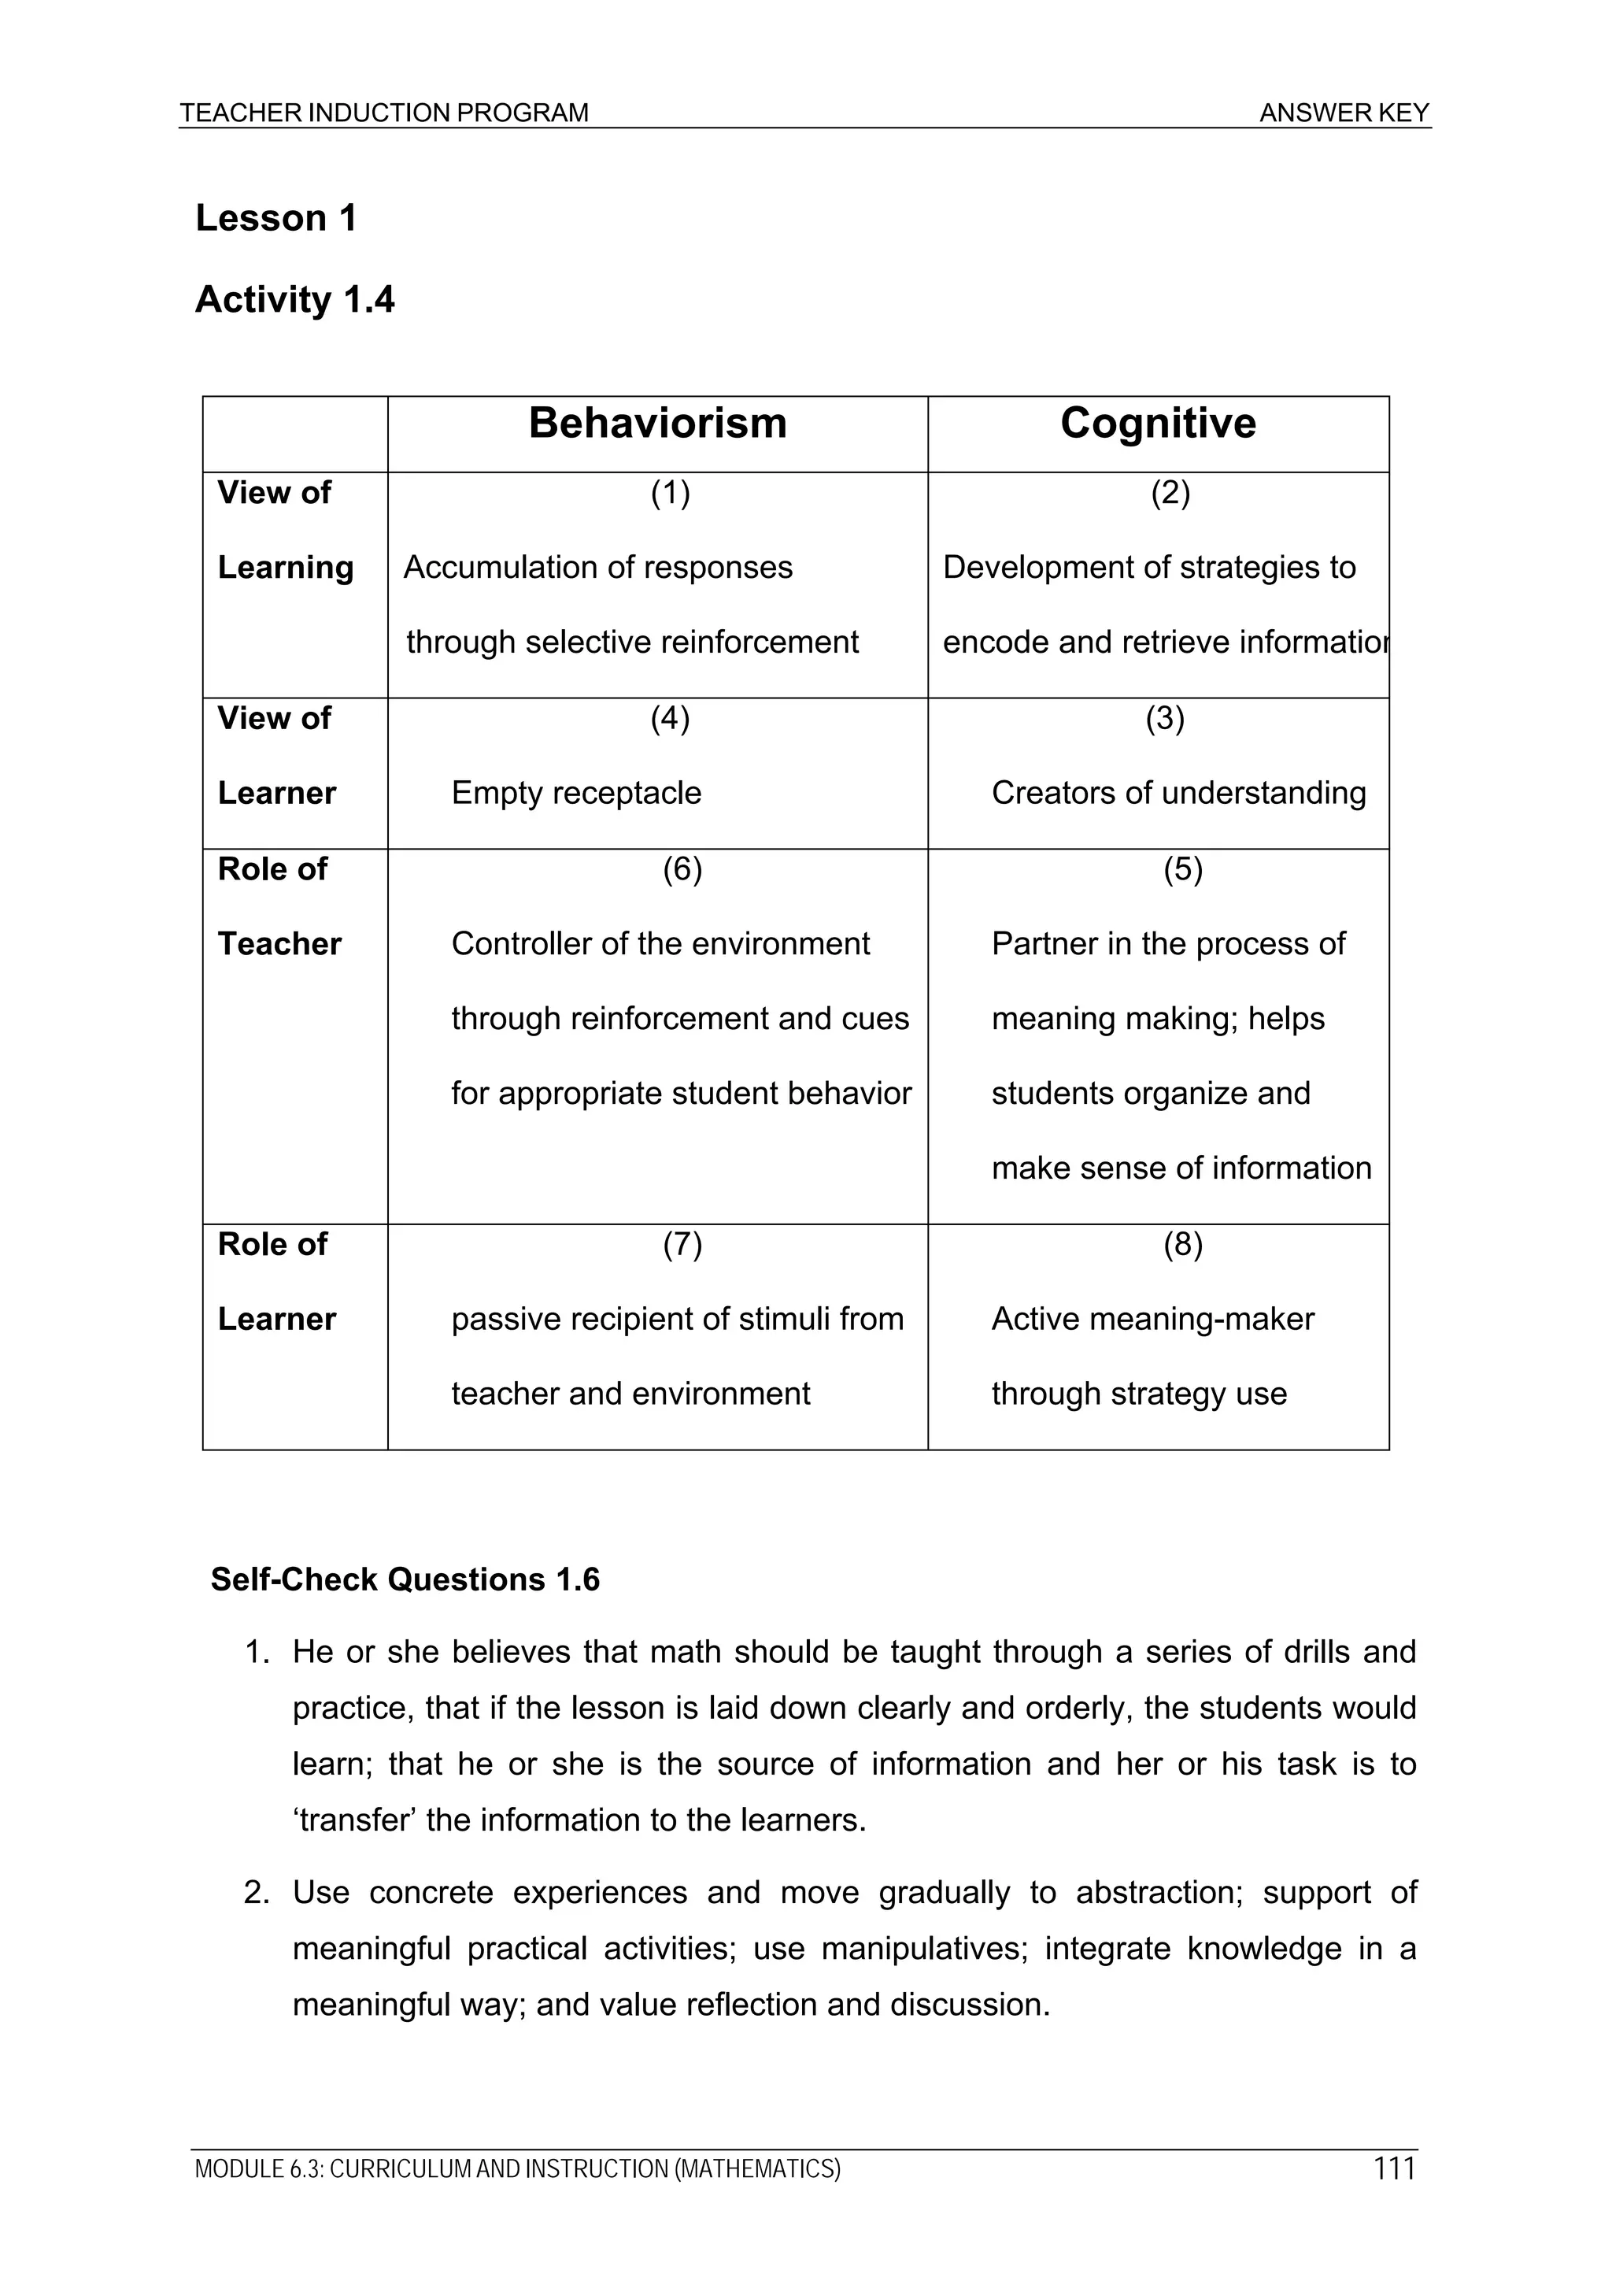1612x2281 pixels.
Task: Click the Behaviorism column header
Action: [657, 424]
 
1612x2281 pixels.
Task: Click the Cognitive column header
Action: [1157, 424]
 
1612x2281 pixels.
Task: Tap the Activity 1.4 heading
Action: [294, 299]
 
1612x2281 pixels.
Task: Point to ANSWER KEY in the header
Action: [1344, 113]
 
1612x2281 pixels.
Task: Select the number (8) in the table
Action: [1182, 1244]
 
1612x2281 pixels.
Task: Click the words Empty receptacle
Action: [576, 793]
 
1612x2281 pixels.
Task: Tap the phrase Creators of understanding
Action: [1178, 793]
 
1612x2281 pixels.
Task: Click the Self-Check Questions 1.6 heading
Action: [405, 1579]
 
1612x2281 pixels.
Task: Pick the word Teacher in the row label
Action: [279, 944]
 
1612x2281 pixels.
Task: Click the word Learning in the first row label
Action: [285, 567]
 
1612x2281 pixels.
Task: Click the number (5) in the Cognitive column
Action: [1182, 869]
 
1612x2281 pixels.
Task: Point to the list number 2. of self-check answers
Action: [257, 1893]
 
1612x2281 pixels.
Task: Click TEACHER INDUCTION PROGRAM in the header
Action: [384, 113]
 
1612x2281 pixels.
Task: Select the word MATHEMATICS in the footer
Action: [758, 2168]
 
